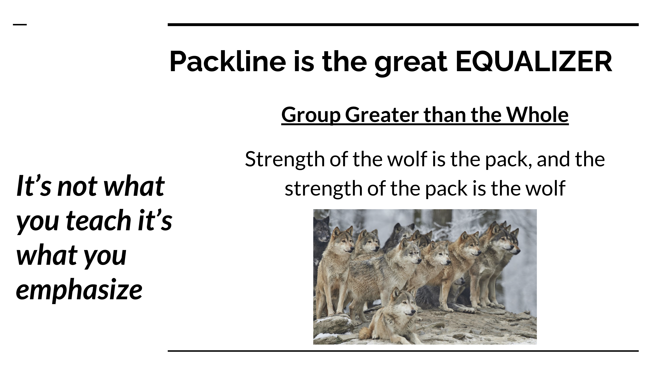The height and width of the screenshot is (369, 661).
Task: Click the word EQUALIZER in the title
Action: coord(534,62)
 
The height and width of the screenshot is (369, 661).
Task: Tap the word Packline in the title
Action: coord(228,61)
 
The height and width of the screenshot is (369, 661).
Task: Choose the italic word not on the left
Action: coord(77,186)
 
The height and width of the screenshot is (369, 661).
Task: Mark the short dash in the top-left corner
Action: coord(20,25)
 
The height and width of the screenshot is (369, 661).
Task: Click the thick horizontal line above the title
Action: coord(403,25)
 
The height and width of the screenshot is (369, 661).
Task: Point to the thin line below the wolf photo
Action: coord(403,351)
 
